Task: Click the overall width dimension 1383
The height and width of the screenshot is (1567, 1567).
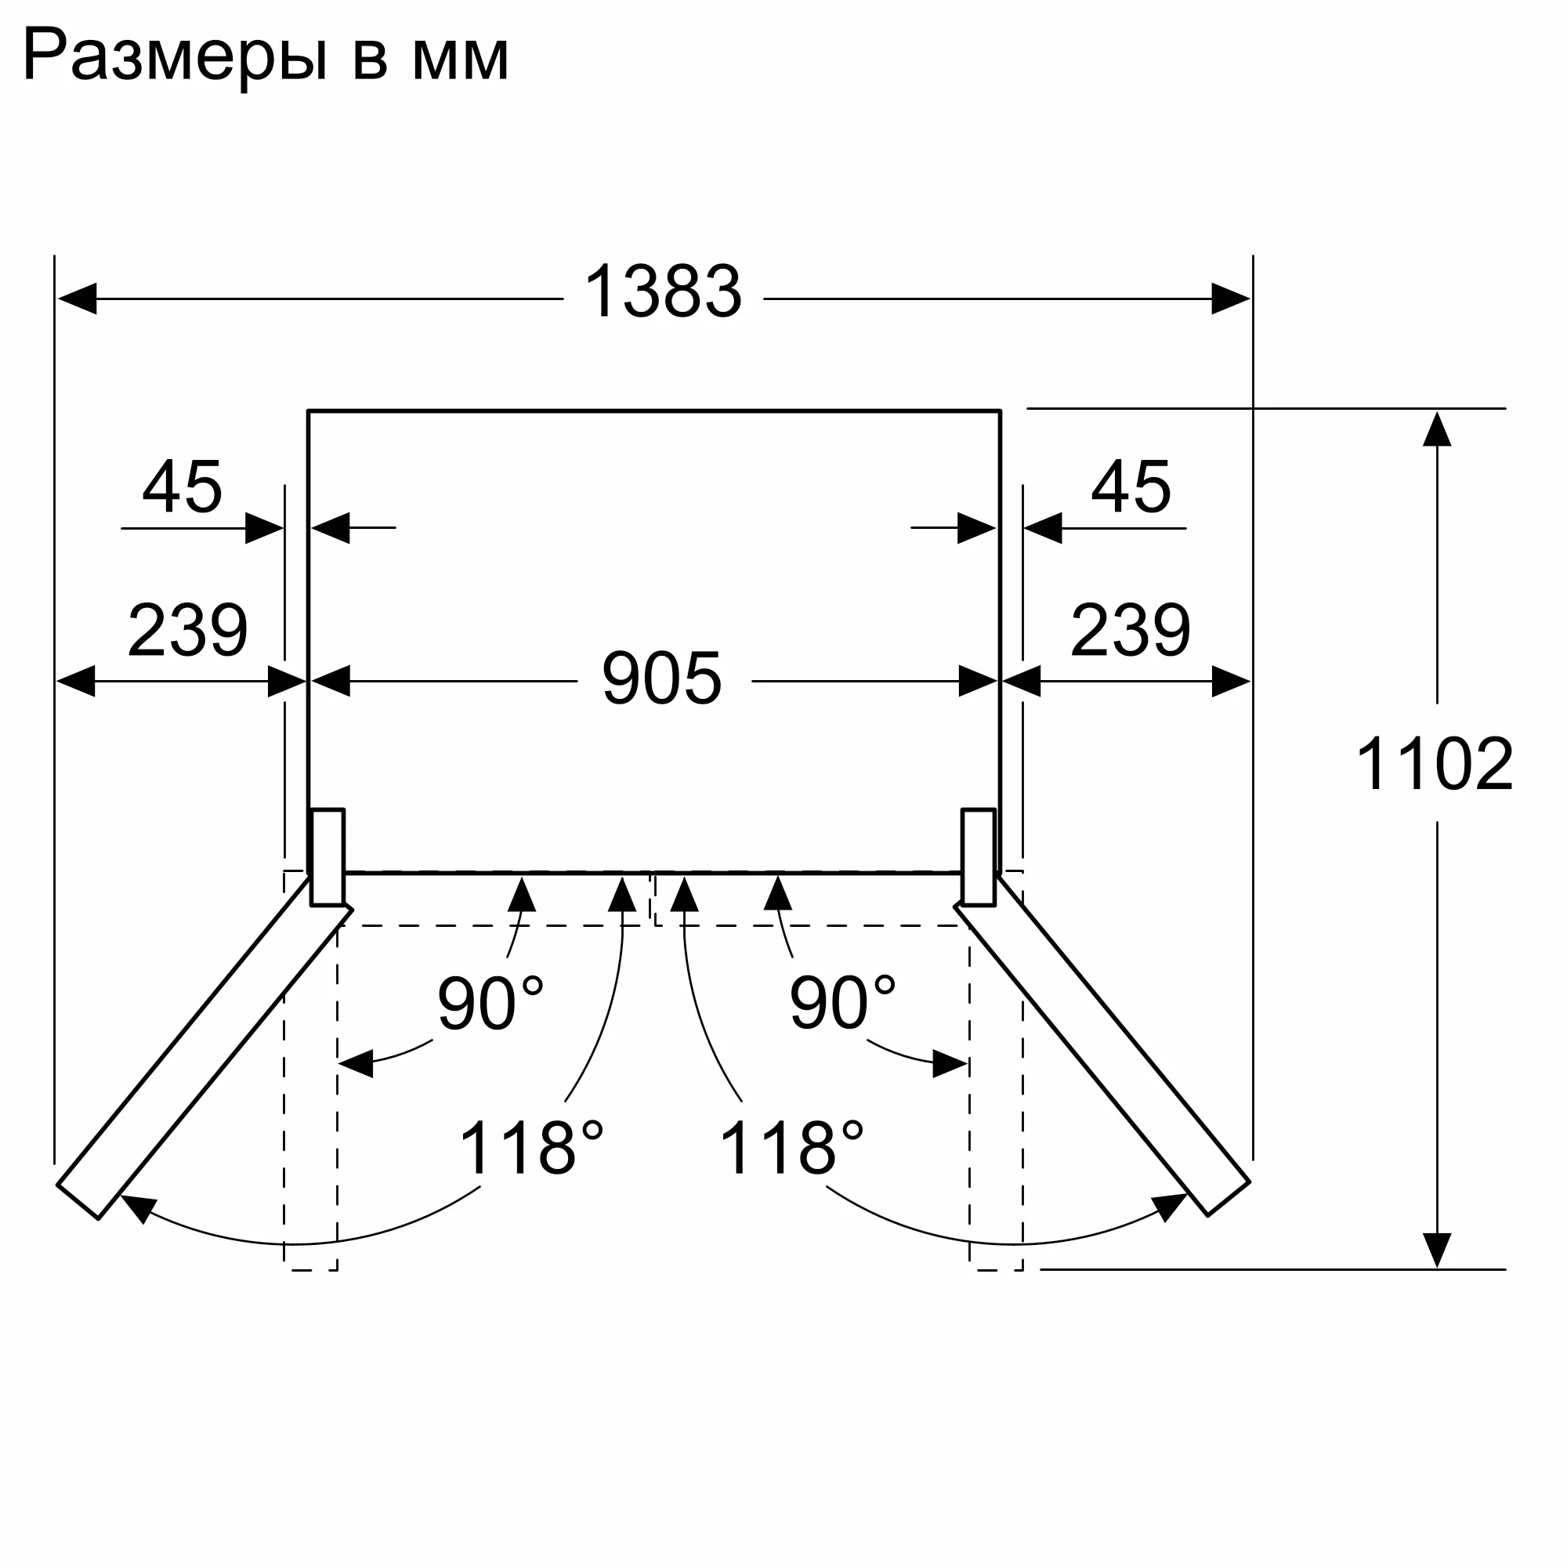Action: [x=662, y=292]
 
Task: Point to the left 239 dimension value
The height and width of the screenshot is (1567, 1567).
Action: [x=187, y=630]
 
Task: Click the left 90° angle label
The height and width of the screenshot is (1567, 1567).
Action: [x=490, y=1003]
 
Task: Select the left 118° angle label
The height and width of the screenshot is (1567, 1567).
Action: [x=531, y=1149]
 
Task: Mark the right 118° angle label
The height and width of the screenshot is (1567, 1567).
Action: [x=791, y=1149]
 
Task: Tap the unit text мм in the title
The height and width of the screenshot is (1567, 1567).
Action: [x=460, y=61]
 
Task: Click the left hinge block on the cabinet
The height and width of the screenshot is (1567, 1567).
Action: [x=328, y=856]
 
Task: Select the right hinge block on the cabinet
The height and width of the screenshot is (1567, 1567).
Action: [x=978, y=856]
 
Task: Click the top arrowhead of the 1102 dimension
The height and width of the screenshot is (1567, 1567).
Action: [x=1436, y=429]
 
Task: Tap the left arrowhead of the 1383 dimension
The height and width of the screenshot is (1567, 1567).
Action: [x=77, y=299]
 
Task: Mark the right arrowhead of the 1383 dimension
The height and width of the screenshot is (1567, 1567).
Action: [x=1230, y=299]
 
